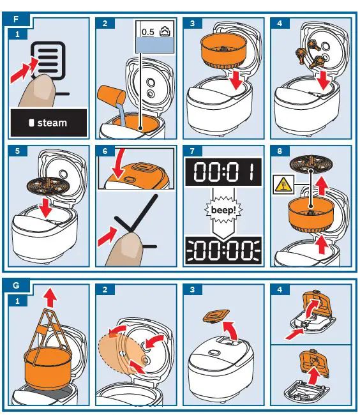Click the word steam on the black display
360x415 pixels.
[52, 123]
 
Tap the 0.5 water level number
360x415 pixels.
[147, 32]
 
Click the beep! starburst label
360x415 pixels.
[223, 210]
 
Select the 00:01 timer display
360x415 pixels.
[223, 172]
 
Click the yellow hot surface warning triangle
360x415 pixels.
[283, 185]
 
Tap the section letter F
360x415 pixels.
[16, 19]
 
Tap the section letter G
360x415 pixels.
[16, 285]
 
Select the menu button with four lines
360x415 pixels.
[48, 61]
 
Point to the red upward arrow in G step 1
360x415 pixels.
[50, 298]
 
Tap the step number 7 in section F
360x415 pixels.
[192, 151]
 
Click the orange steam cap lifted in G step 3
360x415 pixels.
[216, 316]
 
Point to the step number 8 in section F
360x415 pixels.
[280, 151]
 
